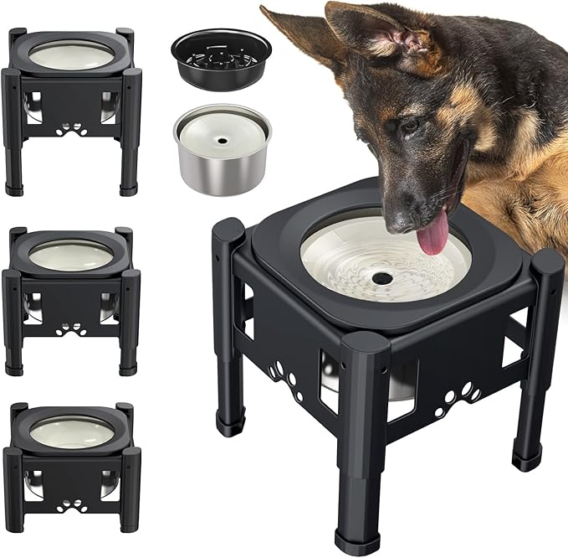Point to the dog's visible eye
[x=411, y=127]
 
